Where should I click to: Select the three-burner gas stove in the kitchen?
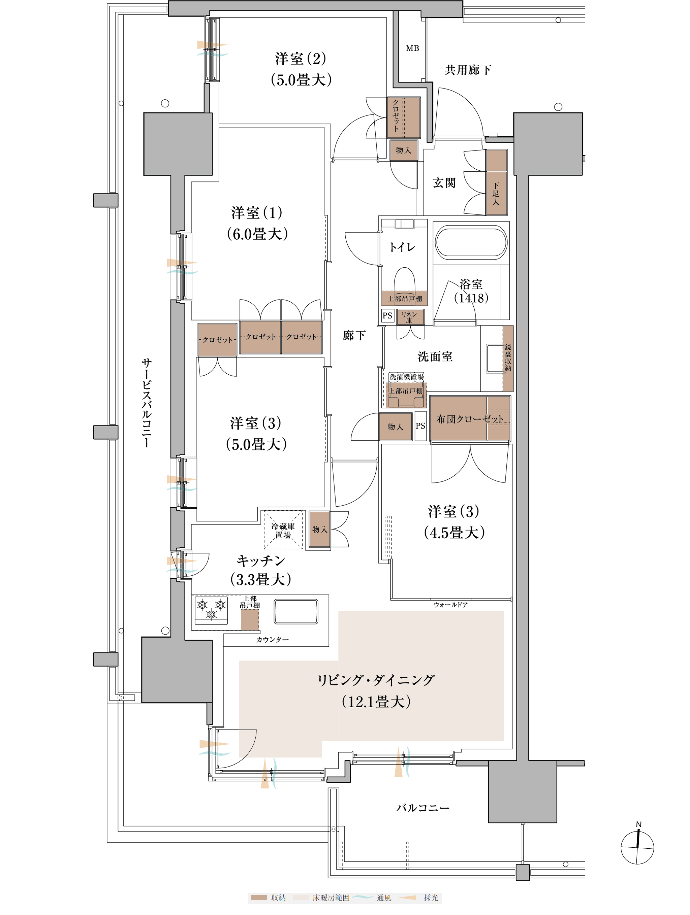click(x=211, y=610)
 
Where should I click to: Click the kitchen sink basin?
click(x=295, y=611)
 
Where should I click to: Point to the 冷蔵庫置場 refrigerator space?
click(x=283, y=530)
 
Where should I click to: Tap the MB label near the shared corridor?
click(x=412, y=48)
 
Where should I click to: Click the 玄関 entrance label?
click(x=444, y=183)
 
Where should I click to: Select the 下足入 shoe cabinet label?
click(x=496, y=194)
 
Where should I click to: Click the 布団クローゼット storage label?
click(x=470, y=419)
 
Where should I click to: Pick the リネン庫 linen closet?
click(x=409, y=317)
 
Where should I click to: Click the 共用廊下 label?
click(x=468, y=70)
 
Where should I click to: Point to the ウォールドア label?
click(x=450, y=605)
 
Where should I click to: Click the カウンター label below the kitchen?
click(x=272, y=640)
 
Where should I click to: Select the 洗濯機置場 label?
click(x=406, y=377)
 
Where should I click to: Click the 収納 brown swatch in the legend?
click(x=259, y=897)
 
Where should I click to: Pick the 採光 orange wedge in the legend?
click(x=408, y=897)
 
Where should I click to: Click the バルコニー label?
click(x=422, y=808)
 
